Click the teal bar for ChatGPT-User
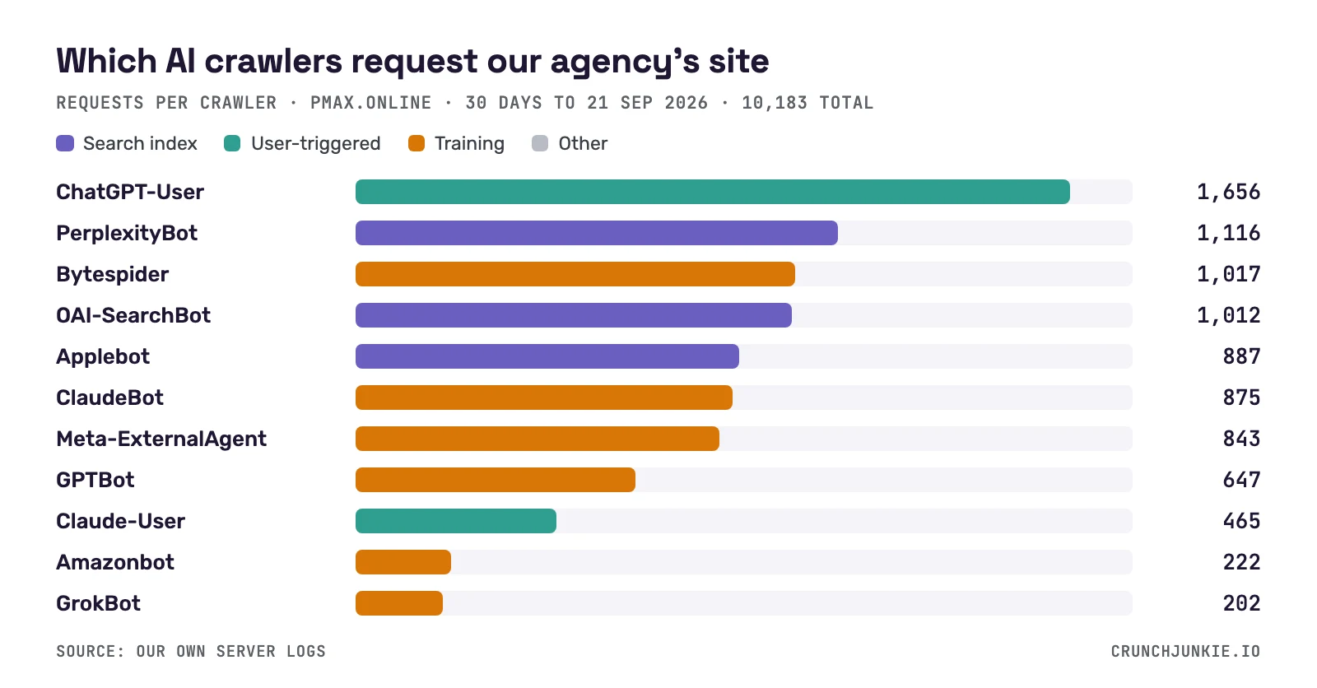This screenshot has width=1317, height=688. (713, 192)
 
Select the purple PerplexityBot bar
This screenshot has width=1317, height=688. (597, 233)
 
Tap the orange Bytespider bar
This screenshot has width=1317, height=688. (575, 274)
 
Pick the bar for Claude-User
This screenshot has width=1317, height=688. (456, 521)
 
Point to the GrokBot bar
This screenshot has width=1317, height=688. (399, 603)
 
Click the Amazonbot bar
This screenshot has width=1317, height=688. (403, 562)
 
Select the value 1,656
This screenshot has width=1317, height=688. (1228, 193)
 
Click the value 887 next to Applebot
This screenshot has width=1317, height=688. (1241, 356)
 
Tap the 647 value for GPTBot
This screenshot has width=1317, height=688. (1241, 480)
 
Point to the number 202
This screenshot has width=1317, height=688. (1241, 603)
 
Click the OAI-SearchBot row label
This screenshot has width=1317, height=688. (133, 315)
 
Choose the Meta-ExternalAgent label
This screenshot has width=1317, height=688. (161, 439)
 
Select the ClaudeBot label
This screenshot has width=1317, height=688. (110, 397)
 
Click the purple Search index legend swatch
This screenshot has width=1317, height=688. (65, 143)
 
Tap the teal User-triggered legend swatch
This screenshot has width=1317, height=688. (232, 143)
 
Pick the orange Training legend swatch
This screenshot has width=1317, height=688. (417, 143)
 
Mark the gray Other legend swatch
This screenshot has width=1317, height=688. (540, 143)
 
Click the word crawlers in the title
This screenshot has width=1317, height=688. (273, 61)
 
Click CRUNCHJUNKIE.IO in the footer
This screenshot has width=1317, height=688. (1185, 652)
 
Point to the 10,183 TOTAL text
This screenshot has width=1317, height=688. (807, 104)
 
